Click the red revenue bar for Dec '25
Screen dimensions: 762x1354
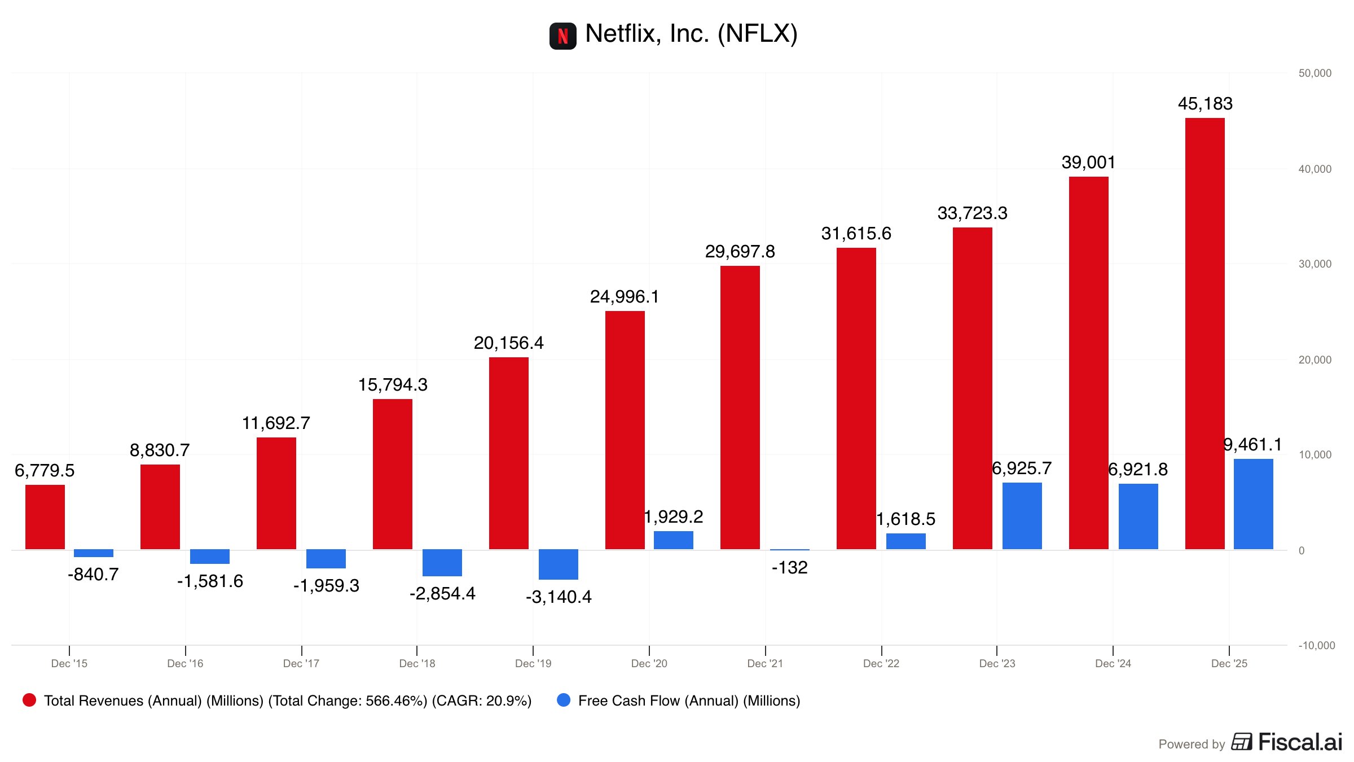click(1204, 333)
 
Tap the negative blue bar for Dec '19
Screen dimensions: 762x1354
click(558, 564)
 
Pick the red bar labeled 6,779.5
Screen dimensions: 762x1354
click(45, 516)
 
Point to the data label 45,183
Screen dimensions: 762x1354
click(1205, 104)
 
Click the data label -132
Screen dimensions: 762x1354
click(789, 567)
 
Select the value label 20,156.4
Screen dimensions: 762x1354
click(508, 343)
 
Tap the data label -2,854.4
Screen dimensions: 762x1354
click(442, 593)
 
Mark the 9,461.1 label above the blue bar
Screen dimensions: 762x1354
click(1252, 445)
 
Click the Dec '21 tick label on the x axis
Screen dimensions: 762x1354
click(765, 663)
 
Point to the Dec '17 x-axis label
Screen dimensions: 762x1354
click(301, 663)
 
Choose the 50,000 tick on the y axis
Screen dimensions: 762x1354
click(1315, 73)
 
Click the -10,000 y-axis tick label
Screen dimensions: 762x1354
click(1316, 645)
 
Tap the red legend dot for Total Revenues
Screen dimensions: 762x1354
click(29, 700)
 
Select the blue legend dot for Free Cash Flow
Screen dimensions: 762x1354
click(564, 700)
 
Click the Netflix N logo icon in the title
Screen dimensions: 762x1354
click(562, 36)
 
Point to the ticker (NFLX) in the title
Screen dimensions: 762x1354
click(757, 34)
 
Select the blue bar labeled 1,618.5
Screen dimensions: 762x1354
click(905, 541)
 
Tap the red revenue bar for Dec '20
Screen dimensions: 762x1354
click(625, 430)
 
